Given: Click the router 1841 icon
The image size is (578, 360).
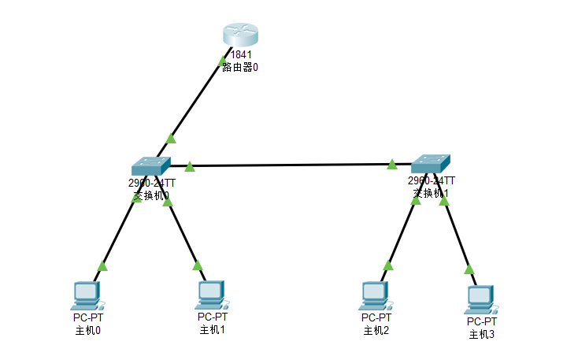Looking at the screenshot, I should click(x=239, y=35).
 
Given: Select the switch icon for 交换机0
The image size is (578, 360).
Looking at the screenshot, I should click(x=150, y=165).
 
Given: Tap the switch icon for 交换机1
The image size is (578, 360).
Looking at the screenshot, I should click(x=431, y=164).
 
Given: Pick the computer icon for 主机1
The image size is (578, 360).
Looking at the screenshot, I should click(x=211, y=293).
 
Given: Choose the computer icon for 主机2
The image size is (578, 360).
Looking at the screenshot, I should click(x=375, y=295).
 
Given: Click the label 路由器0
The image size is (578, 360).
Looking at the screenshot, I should click(x=240, y=68).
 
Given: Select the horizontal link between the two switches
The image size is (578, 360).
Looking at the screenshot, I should click(x=291, y=165).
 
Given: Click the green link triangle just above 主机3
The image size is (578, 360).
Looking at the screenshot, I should click(x=469, y=269).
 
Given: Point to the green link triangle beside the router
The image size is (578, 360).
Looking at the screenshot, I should click(x=221, y=61).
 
